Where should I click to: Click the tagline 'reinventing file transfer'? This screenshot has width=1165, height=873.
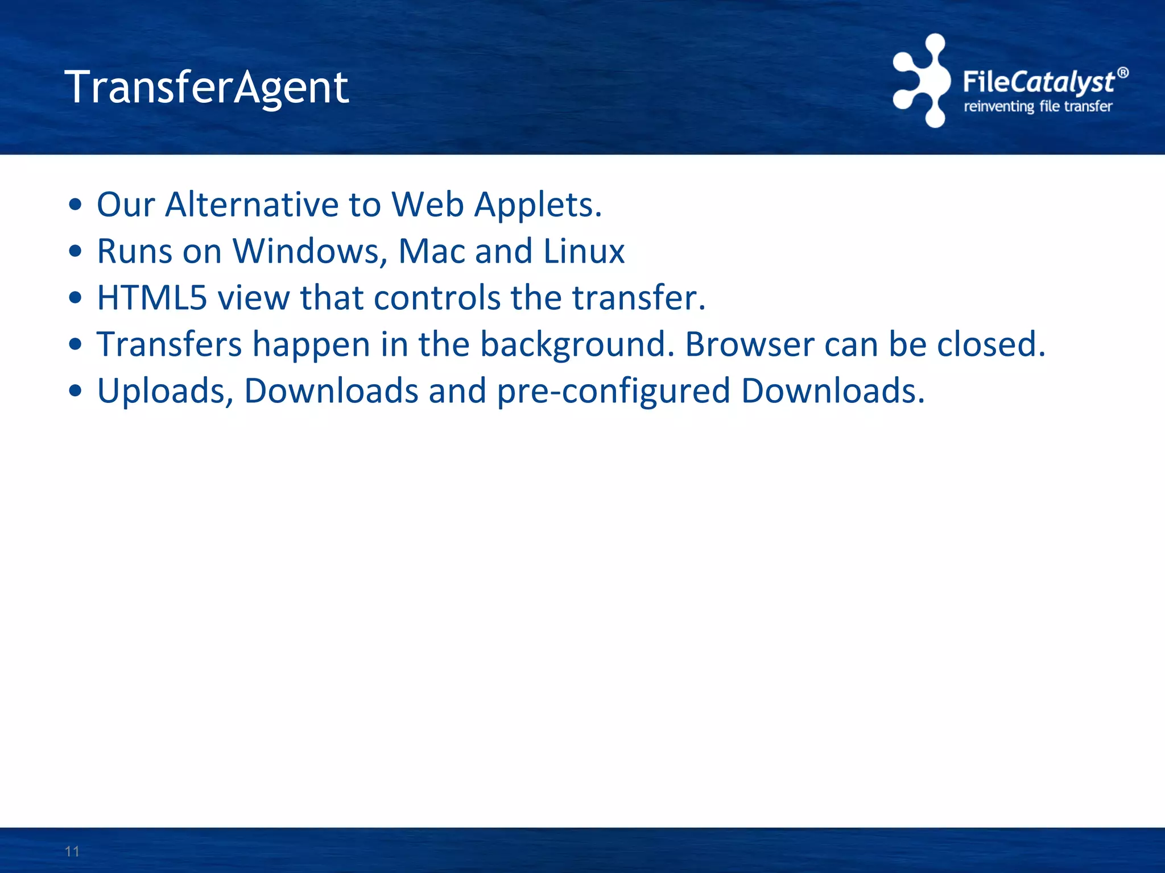(1038, 106)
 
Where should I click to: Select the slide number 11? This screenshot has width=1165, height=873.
(72, 851)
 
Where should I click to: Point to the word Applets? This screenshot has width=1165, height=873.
(538, 205)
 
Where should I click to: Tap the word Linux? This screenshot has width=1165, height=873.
(584, 251)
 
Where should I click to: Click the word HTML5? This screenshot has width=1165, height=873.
(152, 298)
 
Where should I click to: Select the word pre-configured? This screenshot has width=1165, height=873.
(613, 392)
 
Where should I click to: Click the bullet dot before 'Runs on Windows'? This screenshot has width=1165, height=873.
(75, 251)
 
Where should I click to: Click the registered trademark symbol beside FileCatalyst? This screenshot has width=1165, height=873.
(1122, 73)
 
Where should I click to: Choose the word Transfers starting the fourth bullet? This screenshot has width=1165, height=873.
(170, 344)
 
